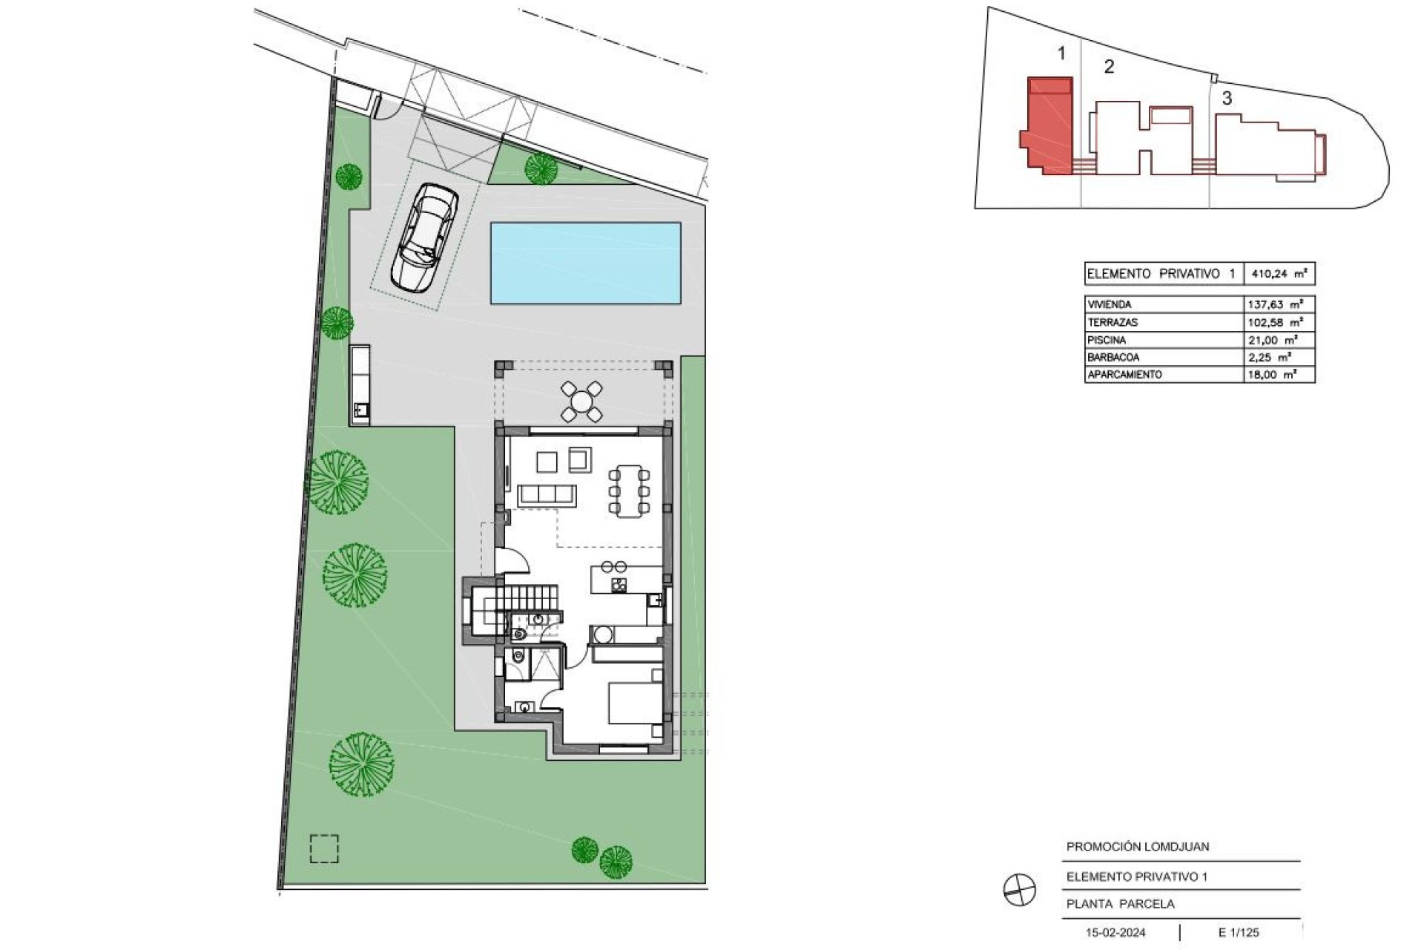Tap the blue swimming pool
pos(585,263)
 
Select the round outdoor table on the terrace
pos(582,402)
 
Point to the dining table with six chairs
pos(629,490)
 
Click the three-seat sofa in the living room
pos(548,495)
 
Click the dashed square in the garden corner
pos(324,849)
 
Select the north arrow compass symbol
pos(1019,888)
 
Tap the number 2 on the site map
pos(1109,67)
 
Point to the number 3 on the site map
pos(1227,98)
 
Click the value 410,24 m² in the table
pos(1279,274)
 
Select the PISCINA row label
pos(1107,340)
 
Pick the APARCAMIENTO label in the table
pos(1124,375)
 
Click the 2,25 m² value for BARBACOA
pos(1273,357)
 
